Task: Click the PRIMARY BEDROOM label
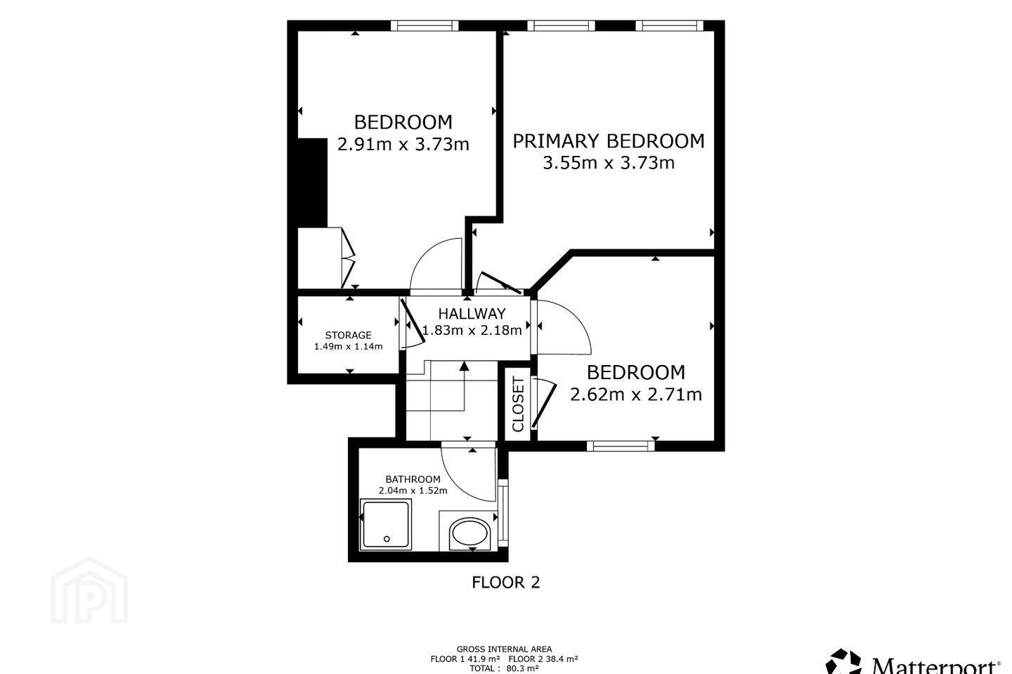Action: pyautogui.click(x=608, y=141)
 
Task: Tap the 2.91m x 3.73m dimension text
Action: pyautogui.click(x=403, y=145)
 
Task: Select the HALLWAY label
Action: pyautogui.click(x=472, y=313)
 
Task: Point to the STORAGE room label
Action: pyautogui.click(x=349, y=335)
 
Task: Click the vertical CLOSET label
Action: pyautogui.click(x=518, y=404)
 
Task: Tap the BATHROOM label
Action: pyautogui.click(x=413, y=479)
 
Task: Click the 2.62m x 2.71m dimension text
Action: pyautogui.click(x=635, y=395)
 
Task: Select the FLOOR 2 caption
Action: pyautogui.click(x=505, y=582)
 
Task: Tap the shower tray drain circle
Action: pyautogui.click(x=387, y=539)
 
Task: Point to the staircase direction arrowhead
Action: pyautogui.click(x=464, y=366)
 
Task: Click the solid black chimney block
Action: pyautogui.click(x=312, y=183)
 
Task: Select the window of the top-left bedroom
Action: pyautogui.click(x=424, y=26)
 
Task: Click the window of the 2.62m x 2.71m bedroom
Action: pyautogui.click(x=621, y=446)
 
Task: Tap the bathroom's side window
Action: pyautogui.click(x=503, y=513)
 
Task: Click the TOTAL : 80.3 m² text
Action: pyautogui.click(x=504, y=668)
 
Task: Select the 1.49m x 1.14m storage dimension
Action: pyautogui.click(x=349, y=347)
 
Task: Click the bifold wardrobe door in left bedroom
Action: pyautogui.click(x=348, y=258)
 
